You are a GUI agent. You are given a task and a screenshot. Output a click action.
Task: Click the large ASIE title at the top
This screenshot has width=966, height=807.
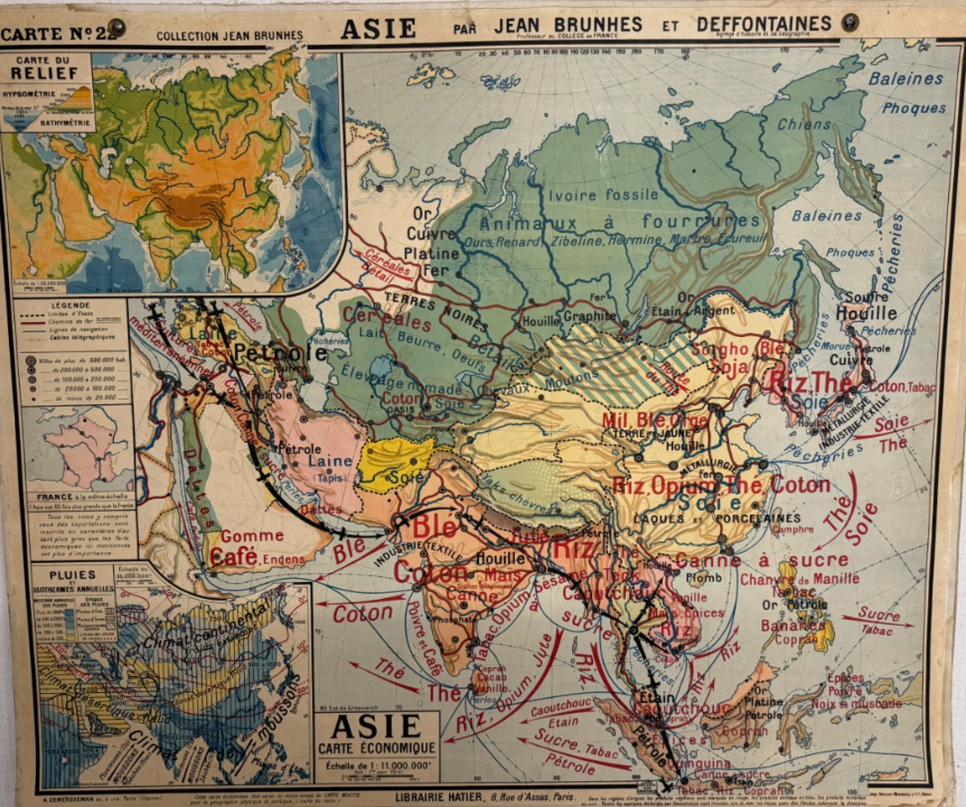[x=378, y=27]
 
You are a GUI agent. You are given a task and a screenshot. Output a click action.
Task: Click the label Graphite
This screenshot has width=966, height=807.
[x=589, y=316]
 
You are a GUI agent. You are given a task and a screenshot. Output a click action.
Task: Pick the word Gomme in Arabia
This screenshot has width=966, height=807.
[x=251, y=536]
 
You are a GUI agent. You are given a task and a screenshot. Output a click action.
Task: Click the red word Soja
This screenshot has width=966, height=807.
[x=729, y=366]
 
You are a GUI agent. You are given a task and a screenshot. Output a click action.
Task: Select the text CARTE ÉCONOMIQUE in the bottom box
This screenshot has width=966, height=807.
[x=376, y=747]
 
